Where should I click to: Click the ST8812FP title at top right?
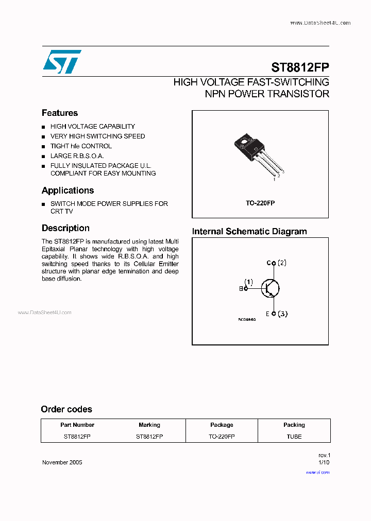pos(300,68)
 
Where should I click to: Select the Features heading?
pos(60,113)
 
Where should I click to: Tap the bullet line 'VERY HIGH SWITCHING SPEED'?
pos(97,136)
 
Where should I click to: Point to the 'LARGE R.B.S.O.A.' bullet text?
pos(77,156)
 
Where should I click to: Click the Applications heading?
pos(68,190)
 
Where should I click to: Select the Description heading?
pos(65,228)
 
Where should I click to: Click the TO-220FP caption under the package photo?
pos(260,203)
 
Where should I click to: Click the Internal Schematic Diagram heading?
pos(249,232)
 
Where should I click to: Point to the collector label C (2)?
pos(276,263)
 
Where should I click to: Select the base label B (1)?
pos(246,285)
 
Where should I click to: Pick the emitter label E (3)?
pos(277,314)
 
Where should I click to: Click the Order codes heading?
pos(66,409)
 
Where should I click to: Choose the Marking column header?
pos(149,425)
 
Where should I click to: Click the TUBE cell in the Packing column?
pos(294,437)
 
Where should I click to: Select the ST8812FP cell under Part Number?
pos(77,437)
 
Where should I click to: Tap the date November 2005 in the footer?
pos(62,462)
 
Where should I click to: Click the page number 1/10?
pos(324,462)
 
